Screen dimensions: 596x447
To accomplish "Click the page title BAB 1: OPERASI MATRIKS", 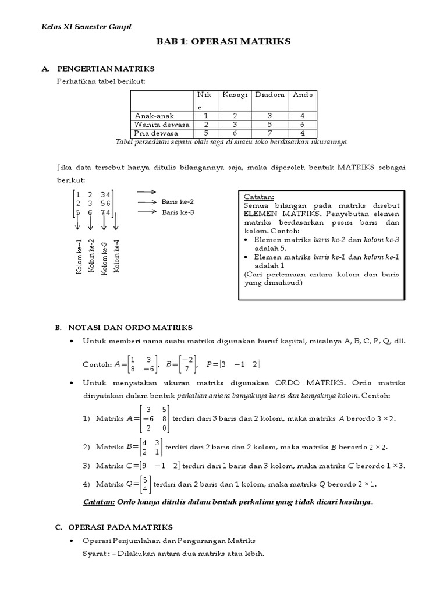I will [224, 42].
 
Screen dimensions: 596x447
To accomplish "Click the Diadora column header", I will [269, 94].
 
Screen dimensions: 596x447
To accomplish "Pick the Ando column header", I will [303, 94].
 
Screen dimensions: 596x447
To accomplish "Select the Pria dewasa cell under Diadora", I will [269, 133].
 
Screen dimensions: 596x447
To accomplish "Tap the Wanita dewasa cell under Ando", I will [303, 125].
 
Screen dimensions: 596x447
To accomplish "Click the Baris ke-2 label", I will [178, 201].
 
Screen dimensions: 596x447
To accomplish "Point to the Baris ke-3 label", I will [178, 212].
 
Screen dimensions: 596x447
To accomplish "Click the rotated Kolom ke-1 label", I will [79, 256].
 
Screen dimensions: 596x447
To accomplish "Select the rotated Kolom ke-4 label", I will [117, 256].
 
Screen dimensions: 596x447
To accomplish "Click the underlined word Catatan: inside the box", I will [257, 197].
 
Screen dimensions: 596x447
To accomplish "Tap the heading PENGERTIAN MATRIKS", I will [111, 69].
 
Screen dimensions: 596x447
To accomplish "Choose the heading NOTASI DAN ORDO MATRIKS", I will [130, 328].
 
